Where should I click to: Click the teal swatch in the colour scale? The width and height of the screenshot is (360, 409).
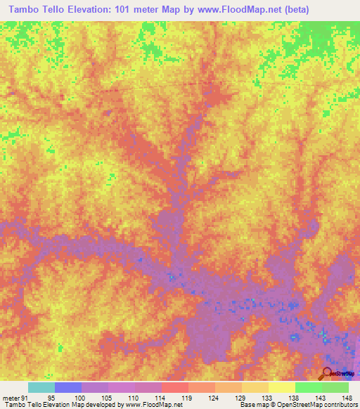(x=41, y=387)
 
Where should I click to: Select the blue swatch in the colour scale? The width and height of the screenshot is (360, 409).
(x=68, y=387)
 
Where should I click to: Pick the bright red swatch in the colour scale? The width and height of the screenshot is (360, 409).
(x=174, y=387)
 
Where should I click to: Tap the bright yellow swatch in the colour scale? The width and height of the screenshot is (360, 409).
(x=281, y=387)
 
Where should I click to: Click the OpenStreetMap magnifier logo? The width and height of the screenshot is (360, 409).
(x=328, y=373)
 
